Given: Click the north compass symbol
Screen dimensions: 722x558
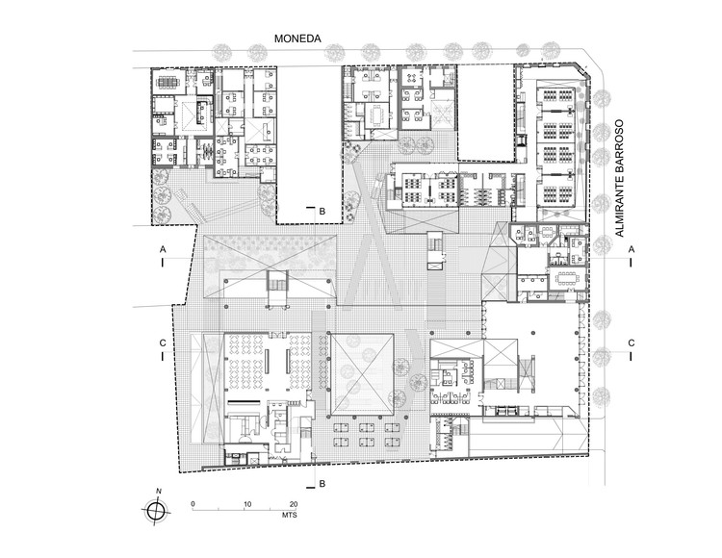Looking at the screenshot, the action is tap(154, 513).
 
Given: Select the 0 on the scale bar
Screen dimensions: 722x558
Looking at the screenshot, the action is tap(193, 504).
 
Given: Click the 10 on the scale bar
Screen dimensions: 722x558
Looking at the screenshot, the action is tap(247, 504).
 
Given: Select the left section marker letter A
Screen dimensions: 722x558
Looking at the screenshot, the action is tap(164, 248).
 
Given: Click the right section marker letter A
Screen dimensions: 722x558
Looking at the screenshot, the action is tap(631, 248).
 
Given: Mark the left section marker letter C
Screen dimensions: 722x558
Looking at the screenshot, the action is tap(164, 342).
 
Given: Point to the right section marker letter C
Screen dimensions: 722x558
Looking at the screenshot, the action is tap(631, 342).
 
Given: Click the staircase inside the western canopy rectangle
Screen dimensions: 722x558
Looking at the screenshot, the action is tap(277, 286).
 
